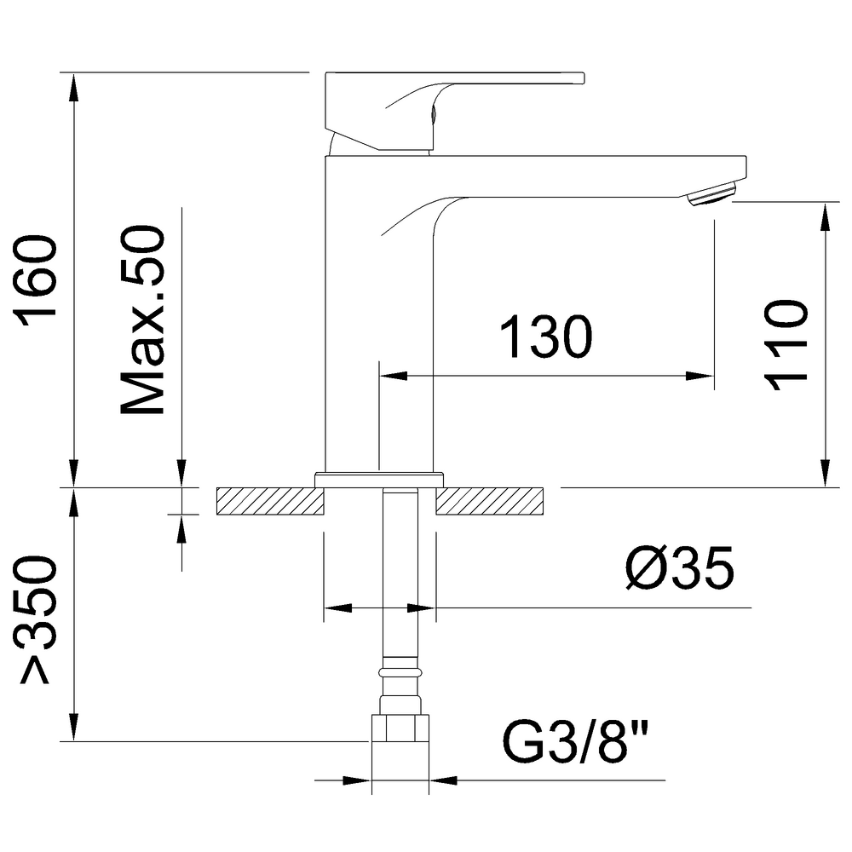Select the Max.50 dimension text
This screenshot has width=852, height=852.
coord(143,321)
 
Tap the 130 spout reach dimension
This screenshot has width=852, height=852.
coord(545,337)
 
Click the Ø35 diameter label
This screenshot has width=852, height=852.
coord(677,569)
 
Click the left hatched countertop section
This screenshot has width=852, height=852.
coord(269,501)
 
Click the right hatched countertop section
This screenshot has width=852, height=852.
coord(491,501)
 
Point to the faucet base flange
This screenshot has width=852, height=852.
coord(380,479)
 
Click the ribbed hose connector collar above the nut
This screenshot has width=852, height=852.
coord(400,673)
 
